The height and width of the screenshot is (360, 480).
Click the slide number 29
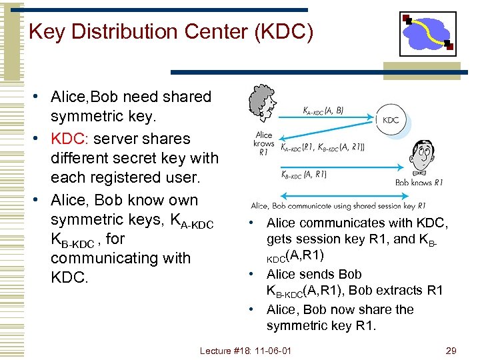[451, 350]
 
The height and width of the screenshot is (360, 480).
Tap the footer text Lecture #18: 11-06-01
[246, 350]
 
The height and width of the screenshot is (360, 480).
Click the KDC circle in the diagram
[391, 120]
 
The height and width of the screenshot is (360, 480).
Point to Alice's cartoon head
[261, 105]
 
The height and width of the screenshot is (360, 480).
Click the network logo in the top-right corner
[428, 33]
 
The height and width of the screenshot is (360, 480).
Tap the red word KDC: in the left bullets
[70, 139]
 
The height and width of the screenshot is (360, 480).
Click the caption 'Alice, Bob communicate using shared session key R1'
[338, 206]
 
